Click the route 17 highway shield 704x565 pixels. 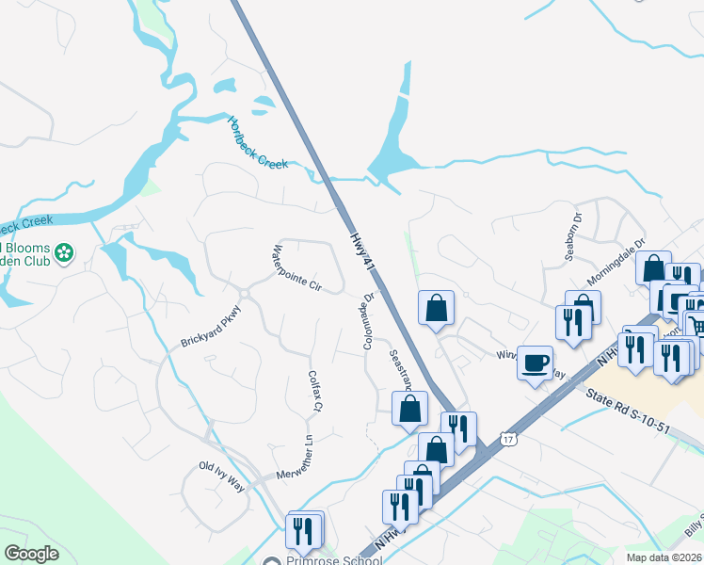(509, 440)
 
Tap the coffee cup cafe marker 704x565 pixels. (536, 363)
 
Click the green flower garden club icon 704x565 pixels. (64, 253)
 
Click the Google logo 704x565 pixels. (32, 554)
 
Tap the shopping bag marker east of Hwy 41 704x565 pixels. (437, 308)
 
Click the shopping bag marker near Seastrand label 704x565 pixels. (409, 408)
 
